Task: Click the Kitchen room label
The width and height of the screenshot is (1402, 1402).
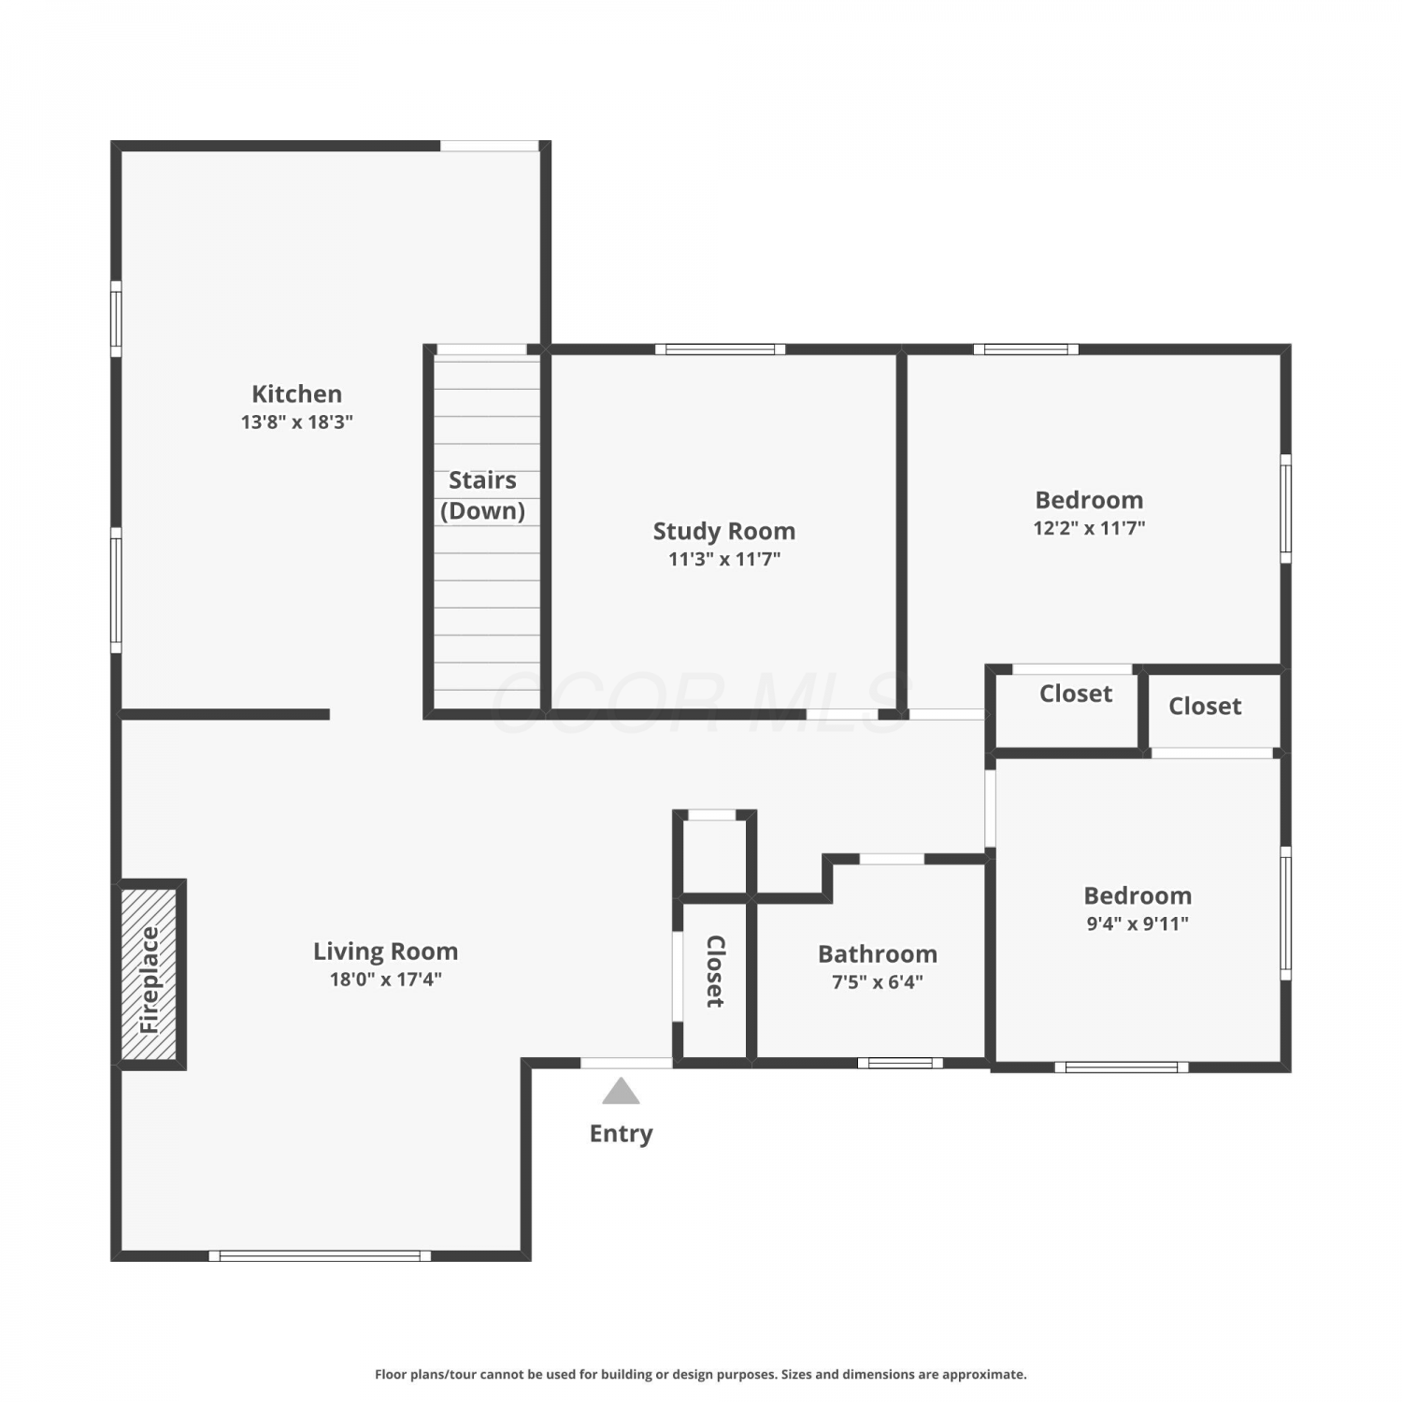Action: click(x=296, y=393)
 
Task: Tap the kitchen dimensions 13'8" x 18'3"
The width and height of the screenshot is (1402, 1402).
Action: click(x=296, y=422)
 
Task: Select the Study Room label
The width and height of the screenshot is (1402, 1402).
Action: click(x=724, y=531)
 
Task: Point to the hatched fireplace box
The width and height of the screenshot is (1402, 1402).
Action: click(x=150, y=974)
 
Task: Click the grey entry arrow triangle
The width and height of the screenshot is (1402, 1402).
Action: click(x=621, y=1091)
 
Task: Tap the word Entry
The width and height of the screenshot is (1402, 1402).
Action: click(x=621, y=1134)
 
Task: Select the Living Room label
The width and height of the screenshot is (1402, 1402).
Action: click(x=385, y=951)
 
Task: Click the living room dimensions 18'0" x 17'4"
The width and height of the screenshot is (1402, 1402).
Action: click(x=385, y=980)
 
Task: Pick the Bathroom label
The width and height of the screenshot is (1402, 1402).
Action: click(x=878, y=953)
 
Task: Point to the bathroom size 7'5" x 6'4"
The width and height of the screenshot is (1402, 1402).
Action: click(x=878, y=981)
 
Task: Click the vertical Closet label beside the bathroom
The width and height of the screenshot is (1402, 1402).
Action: click(x=715, y=971)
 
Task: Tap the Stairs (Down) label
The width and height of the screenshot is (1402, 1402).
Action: click(x=482, y=494)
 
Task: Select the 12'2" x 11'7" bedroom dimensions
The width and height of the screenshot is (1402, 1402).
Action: click(x=1089, y=527)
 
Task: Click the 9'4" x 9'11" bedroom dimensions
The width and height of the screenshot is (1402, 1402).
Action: click(x=1137, y=923)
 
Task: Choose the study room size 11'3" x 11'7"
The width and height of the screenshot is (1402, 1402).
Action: click(x=724, y=559)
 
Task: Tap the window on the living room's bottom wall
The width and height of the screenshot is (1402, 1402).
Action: click(x=320, y=1256)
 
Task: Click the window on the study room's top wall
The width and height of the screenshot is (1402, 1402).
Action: click(x=720, y=350)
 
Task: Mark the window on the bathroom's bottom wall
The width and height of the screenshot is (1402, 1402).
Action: click(x=900, y=1063)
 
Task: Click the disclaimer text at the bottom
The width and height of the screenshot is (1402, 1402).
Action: click(x=700, y=1374)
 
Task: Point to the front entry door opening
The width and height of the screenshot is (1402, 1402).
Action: click(x=626, y=1063)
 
